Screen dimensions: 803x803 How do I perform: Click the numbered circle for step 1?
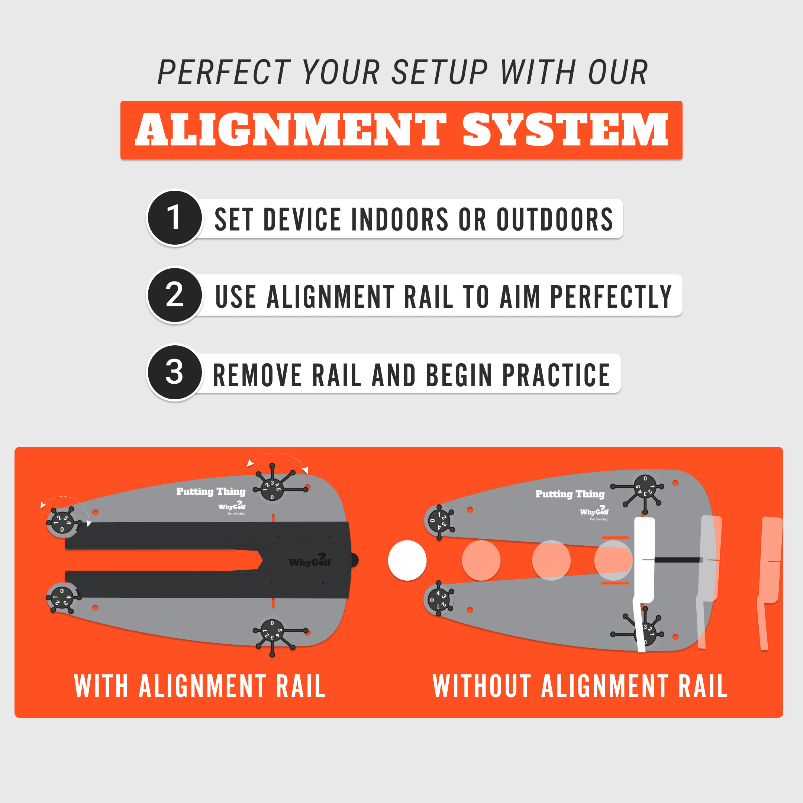click(175, 218)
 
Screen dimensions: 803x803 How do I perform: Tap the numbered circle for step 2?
click(175, 295)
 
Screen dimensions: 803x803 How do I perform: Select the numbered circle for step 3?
click(175, 372)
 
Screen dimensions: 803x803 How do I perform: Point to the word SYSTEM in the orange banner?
click(565, 130)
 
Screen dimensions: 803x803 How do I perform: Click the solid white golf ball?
click(407, 560)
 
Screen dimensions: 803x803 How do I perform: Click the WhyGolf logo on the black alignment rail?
click(310, 561)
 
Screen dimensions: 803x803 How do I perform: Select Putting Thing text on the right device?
click(570, 494)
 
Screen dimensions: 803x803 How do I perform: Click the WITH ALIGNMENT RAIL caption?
click(200, 686)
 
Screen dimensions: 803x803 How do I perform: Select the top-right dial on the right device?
click(645, 486)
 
